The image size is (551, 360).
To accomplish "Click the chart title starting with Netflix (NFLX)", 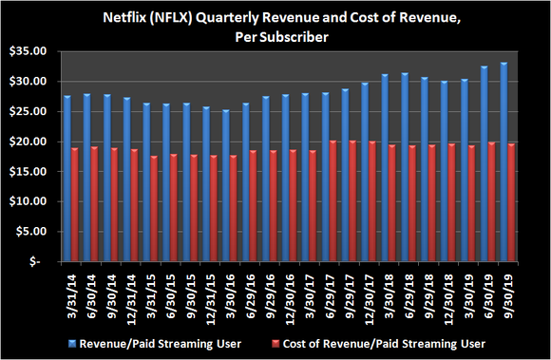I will (x=276, y=26).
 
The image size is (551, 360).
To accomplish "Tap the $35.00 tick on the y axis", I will (x=28, y=51).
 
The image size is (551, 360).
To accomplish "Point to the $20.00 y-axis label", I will (x=28, y=142).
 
